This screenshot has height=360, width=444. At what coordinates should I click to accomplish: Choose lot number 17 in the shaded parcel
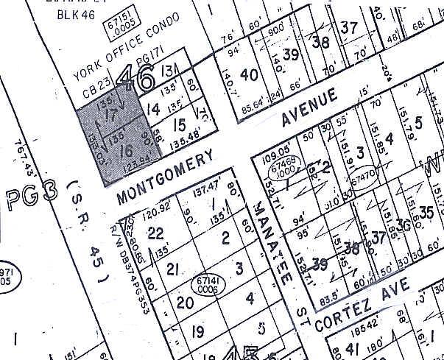click(x=112, y=116)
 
